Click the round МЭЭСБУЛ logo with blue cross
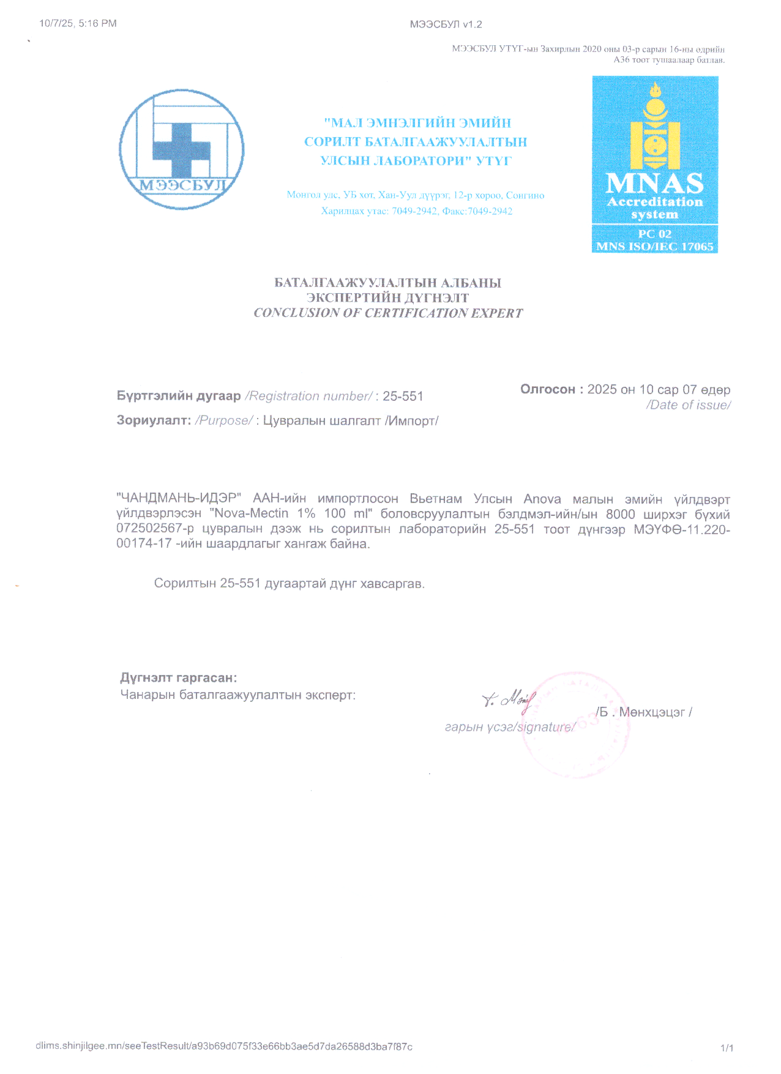click(182, 149)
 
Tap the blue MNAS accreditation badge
click(654, 164)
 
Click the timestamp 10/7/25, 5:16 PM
click(78, 24)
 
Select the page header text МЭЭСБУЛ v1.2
click(446, 24)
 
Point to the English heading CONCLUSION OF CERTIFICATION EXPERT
click(388, 313)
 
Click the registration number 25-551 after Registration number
click(403, 397)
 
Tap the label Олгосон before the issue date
click(548, 389)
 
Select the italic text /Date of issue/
click(688, 405)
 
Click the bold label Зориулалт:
click(154, 421)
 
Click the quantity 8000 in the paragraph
click(620, 514)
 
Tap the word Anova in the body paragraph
click(542, 499)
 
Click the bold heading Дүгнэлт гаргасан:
click(179, 677)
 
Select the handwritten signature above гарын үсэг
click(509, 699)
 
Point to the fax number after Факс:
click(490, 211)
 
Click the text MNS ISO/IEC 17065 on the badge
click(654, 247)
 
